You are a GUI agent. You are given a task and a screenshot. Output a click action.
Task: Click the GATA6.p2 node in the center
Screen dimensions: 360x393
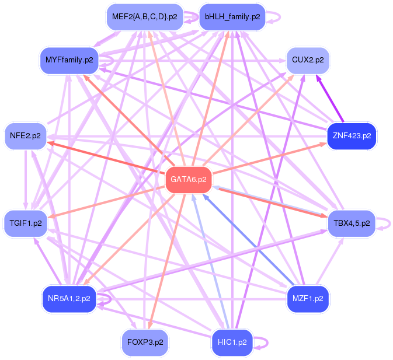188,180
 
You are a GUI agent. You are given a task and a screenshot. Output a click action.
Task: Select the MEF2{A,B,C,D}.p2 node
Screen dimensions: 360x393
145,17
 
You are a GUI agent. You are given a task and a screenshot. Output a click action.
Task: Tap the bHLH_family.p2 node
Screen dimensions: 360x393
232,17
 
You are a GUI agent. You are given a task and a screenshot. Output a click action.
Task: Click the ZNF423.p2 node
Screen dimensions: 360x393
352,136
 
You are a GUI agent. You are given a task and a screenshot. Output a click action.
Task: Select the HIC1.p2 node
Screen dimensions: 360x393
232,342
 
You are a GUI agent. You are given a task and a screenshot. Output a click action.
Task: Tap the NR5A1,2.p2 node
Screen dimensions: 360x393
69,299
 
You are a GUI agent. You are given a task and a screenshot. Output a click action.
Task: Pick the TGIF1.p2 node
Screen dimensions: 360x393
26,223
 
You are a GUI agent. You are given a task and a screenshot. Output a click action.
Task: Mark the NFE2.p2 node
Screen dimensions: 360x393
25,136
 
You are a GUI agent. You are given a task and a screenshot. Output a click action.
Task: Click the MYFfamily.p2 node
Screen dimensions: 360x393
69,60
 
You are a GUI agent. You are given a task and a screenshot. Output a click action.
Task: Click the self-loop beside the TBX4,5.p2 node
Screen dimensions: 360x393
384,223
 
